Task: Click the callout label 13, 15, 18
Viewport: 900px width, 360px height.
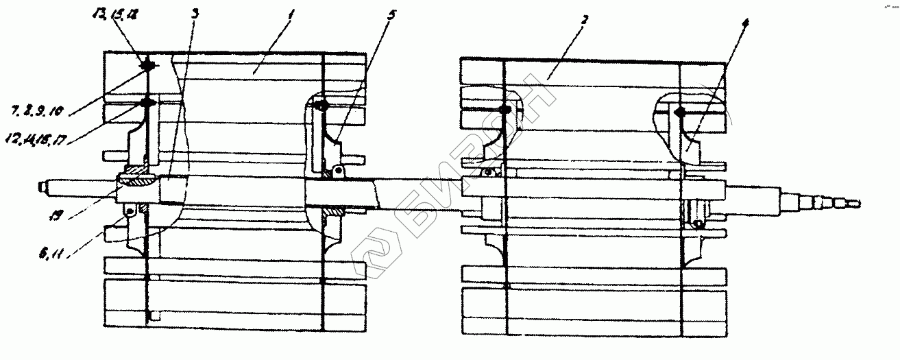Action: pos(112,14)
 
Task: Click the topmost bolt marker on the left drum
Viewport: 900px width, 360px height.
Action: pos(147,66)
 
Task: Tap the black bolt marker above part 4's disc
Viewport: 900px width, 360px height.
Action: pos(681,112)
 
